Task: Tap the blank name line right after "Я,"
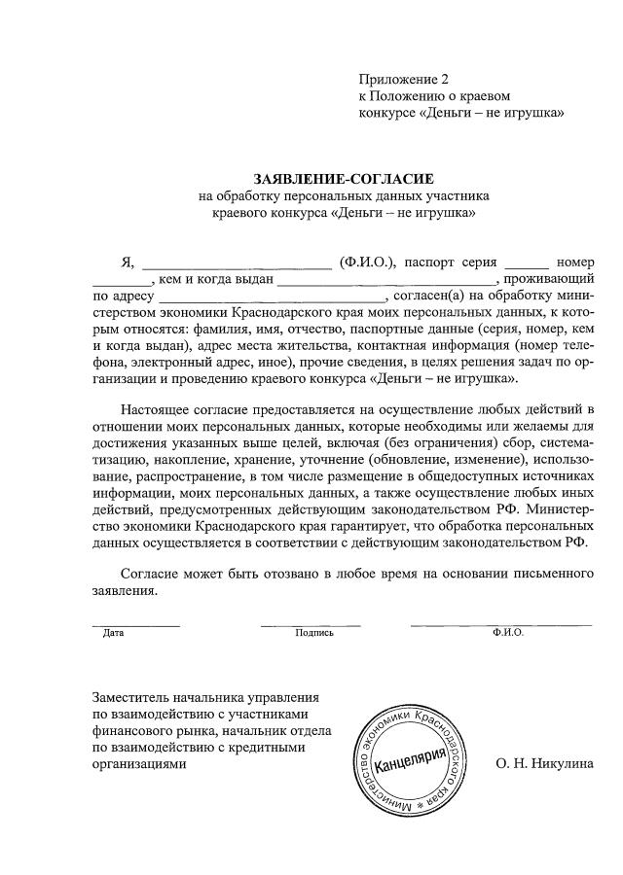pos(237,262)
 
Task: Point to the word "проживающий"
pos(552,280)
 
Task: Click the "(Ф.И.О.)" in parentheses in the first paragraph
pos(367,262)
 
